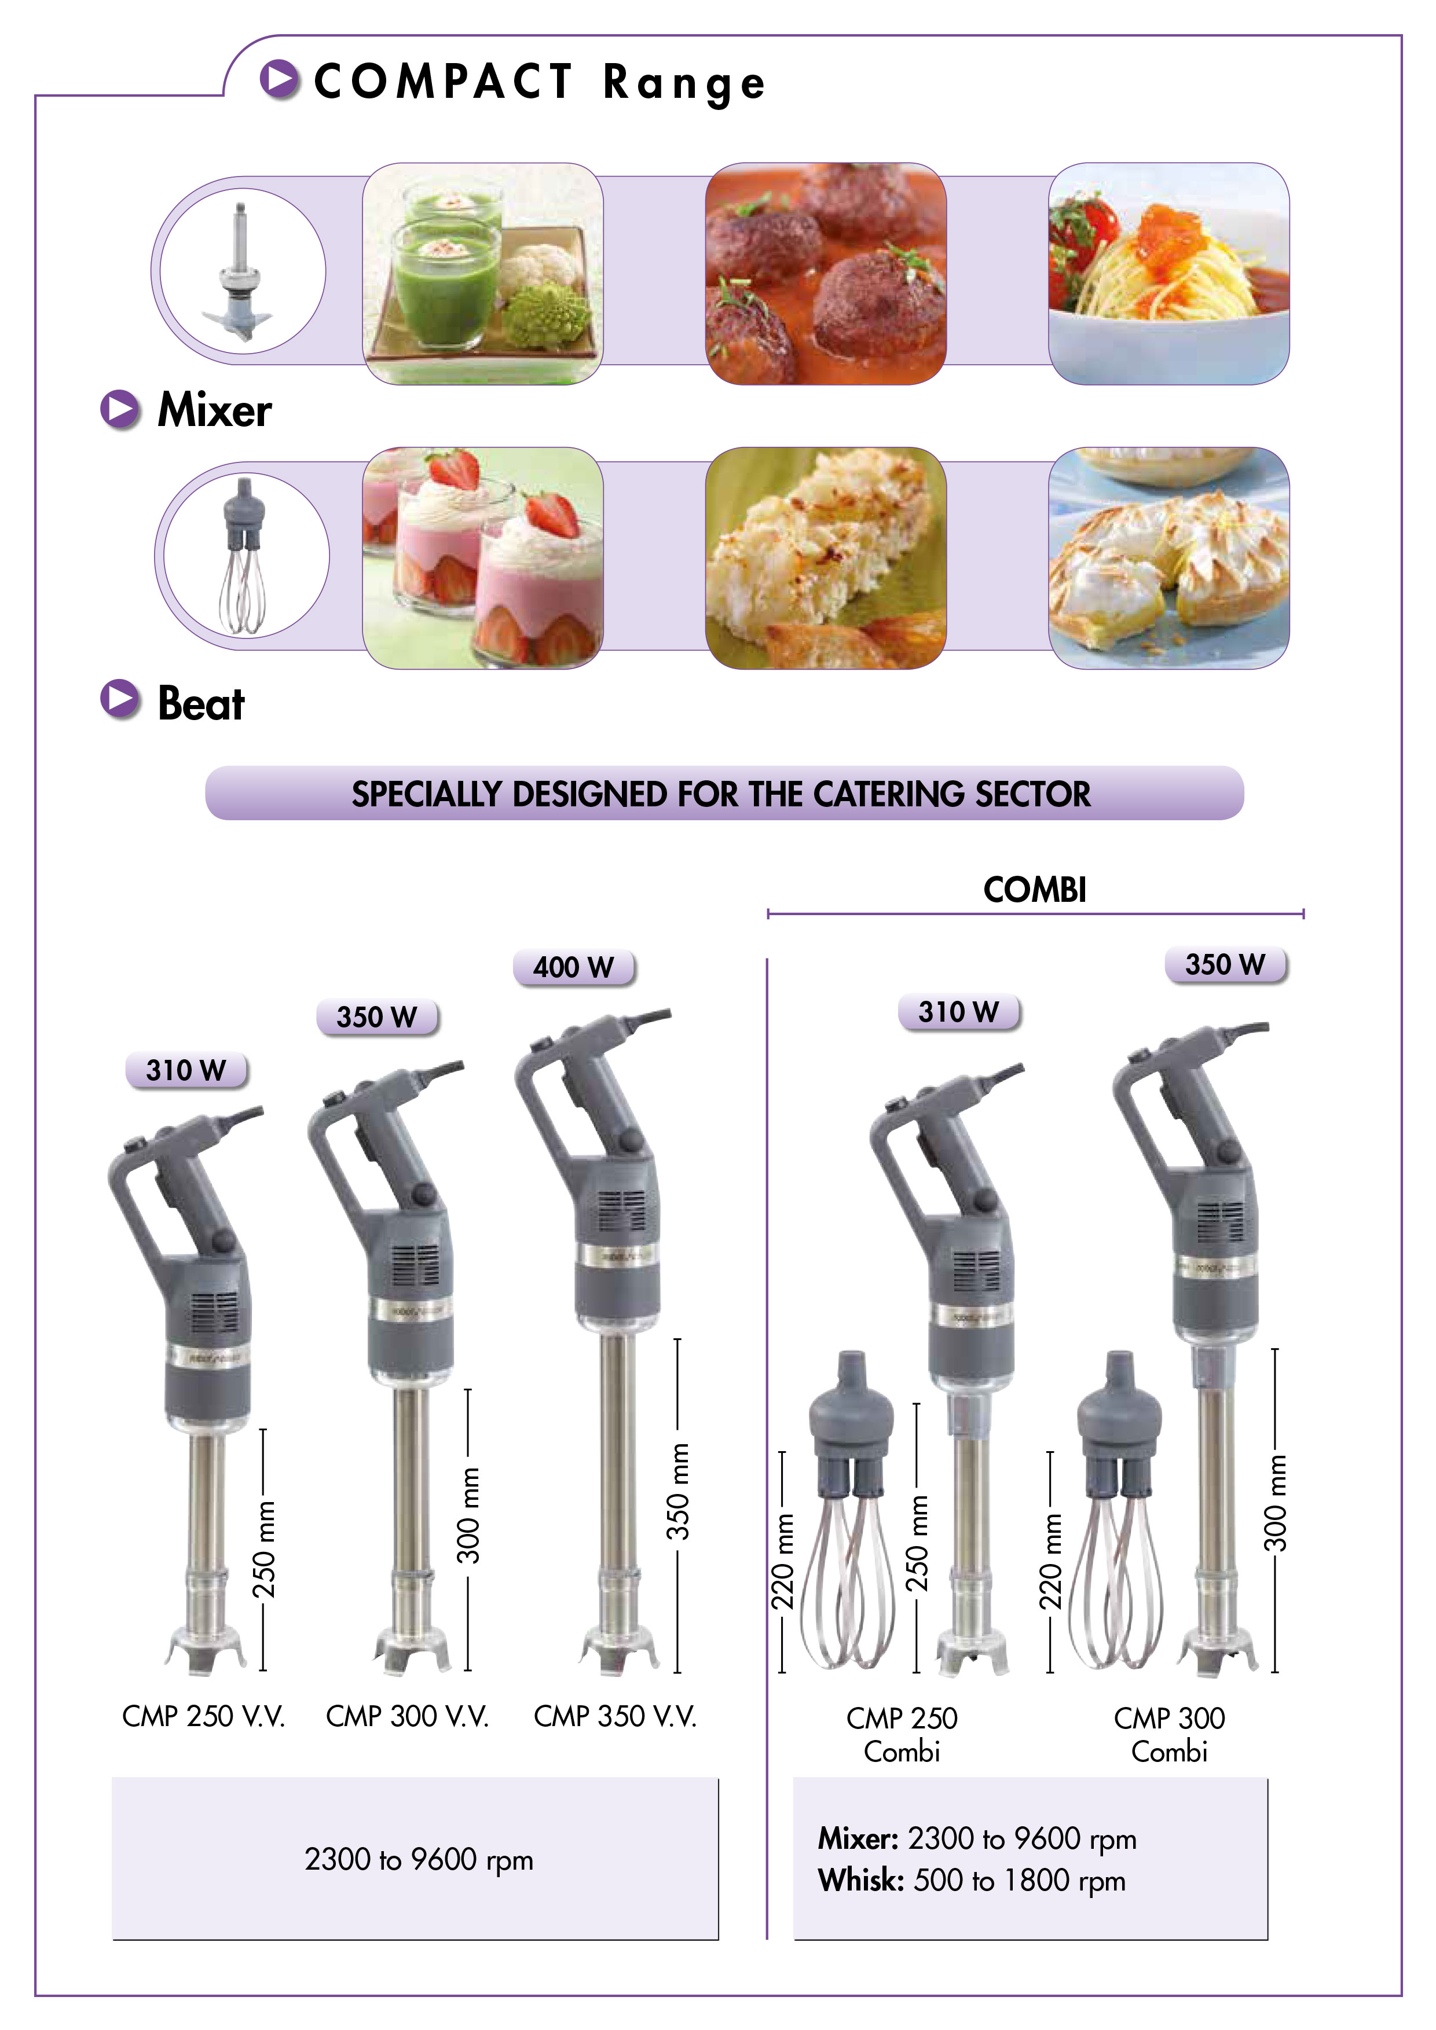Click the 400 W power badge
click(574, 966)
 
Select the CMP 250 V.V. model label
click(203, 1716)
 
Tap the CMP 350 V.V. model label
click(616, 1716)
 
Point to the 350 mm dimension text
click(677, 1492)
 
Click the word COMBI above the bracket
click(1035, 890)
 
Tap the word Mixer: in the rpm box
click(858, 1838)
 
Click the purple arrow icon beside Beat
click(120, 699)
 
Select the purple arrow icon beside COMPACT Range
click(280, 79)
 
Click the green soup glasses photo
click(483, 273)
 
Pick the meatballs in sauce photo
click(826, 273)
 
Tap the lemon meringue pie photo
click(1169, 558)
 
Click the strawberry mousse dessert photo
click(483, 558)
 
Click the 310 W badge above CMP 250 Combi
click(958, 1011)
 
